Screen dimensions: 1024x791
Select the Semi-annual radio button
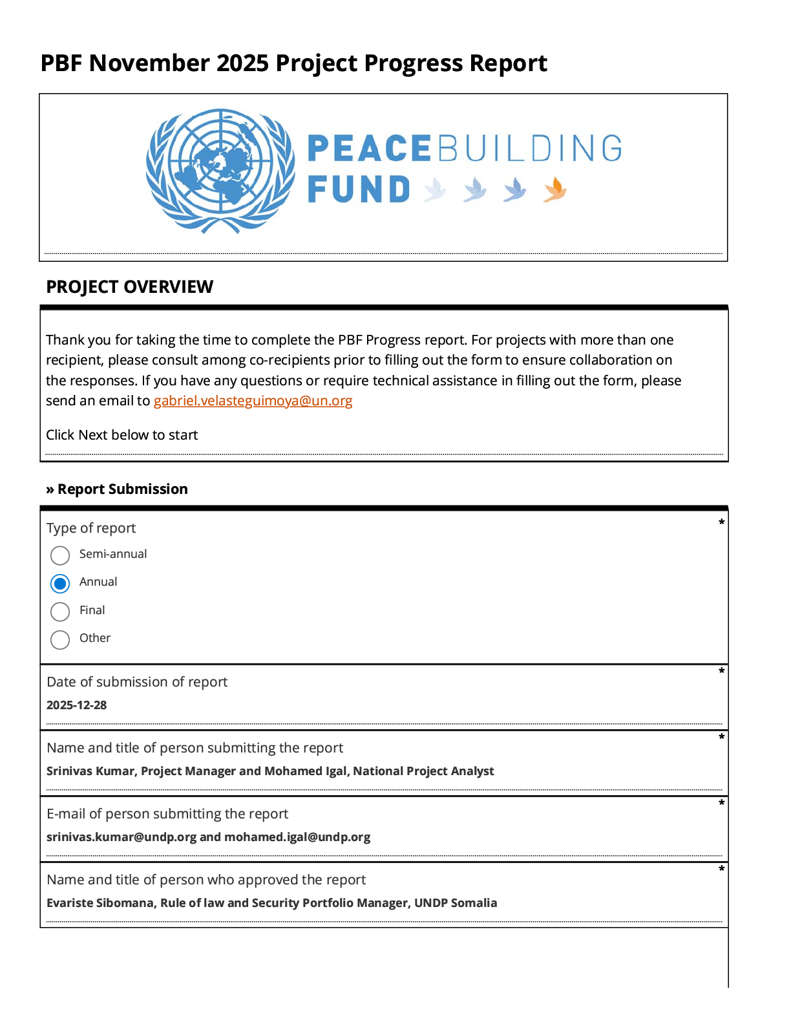[60, 555]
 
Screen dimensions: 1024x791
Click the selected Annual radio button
[60, 584]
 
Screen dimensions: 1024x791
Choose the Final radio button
[60, 612]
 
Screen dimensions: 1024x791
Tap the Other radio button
[60, 639]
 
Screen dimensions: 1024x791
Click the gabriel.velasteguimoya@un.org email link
[253, 401]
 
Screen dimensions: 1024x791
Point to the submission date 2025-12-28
[76, 705]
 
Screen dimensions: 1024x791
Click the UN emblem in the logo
[220, 171]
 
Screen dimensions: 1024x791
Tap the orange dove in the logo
[554, 190]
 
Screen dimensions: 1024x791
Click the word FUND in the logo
[359, 190]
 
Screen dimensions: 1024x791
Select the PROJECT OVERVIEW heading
[129, 287]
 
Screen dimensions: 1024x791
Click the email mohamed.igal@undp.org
[297, 837]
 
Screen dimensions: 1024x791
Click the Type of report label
[91, 528]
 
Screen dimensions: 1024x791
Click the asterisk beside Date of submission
[721, 672]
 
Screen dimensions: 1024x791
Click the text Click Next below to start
[121, 435]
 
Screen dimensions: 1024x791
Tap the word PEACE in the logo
[369, 149]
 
